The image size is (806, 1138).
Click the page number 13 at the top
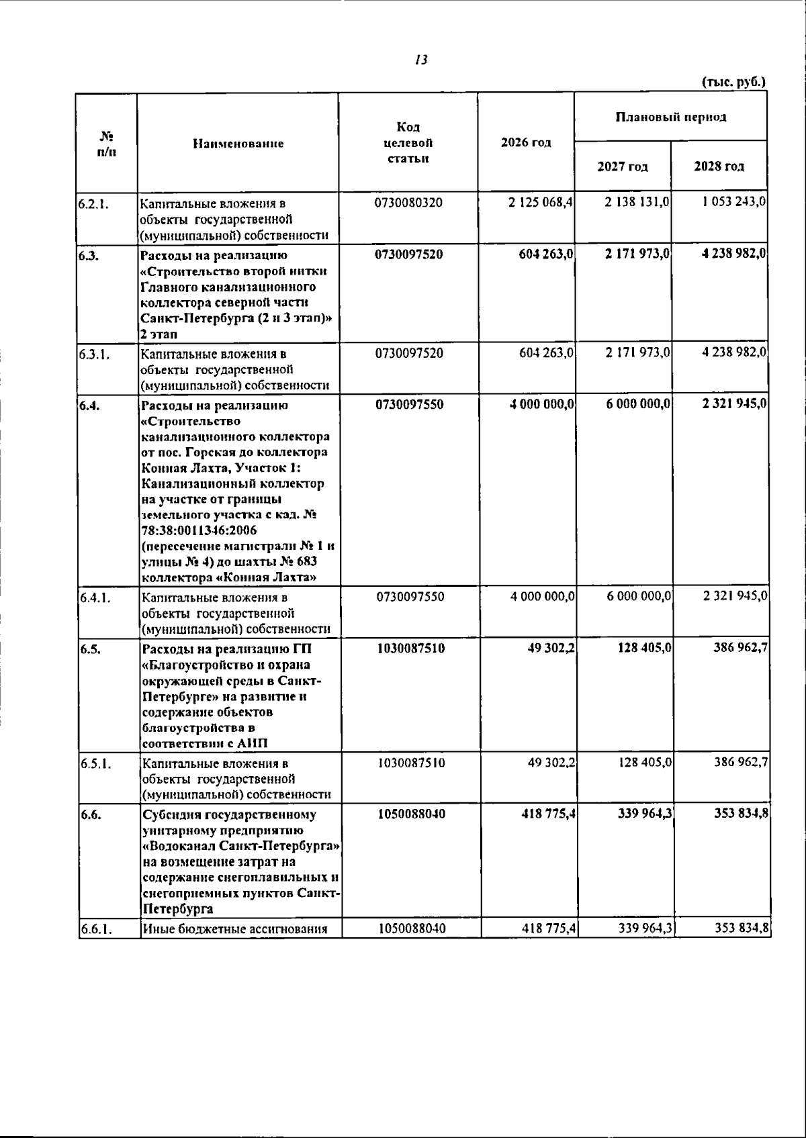coord(421,60)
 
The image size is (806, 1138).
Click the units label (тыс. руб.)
coord(733,83)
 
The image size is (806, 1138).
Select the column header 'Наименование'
coord(238,143)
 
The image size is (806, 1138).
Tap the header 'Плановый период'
coord(670,117)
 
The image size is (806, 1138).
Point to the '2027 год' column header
coord(622,167)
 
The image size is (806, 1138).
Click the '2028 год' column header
coord(719,167)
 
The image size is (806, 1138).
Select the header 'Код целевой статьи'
coord(408,142)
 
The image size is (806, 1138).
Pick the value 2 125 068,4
coord(540,202)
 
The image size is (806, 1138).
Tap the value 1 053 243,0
coord(734,202)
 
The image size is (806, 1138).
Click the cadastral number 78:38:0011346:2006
coord(189,530)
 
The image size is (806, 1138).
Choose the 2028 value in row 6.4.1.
coord(735,596)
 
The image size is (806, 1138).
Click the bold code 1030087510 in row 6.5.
coord(410,649)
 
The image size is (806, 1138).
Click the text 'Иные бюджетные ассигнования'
coord(234,929)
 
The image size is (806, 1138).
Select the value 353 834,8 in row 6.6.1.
coord(742,929)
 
